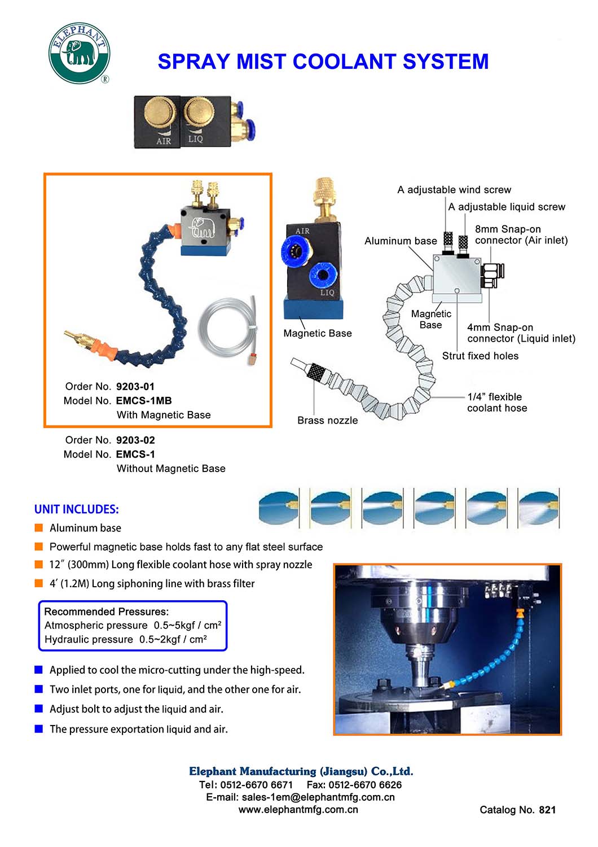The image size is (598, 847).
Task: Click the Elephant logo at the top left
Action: point(79,54)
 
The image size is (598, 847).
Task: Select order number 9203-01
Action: point(135,387)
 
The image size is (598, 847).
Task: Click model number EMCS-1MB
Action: point(144,401)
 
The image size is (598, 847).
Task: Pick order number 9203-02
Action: point(135,440)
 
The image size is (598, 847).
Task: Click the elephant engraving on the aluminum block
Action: point(203,227)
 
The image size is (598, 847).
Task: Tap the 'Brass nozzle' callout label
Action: point(327,421)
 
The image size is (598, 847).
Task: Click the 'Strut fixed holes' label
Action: point(480,356)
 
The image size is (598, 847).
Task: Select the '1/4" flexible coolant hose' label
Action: point(496,403)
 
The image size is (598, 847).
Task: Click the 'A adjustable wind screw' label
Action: point(454,190)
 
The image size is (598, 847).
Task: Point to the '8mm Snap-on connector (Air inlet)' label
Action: point(521,235)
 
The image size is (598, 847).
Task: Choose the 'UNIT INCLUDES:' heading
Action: point(77,509)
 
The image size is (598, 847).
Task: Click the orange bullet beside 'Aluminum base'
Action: point(39,528)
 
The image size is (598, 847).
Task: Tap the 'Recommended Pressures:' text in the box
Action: point(106,612)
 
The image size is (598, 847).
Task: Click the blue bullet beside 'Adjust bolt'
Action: point(39,709)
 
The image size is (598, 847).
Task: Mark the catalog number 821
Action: point(547,810)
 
